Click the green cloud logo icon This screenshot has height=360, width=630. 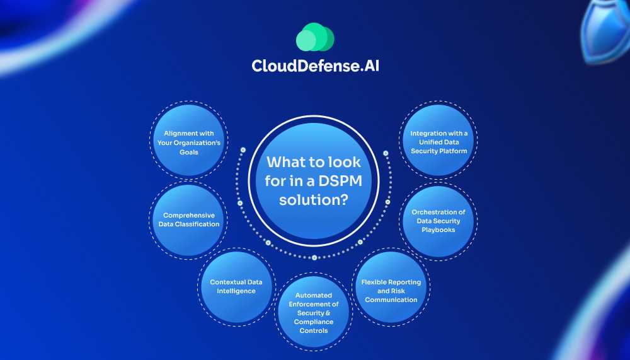314,37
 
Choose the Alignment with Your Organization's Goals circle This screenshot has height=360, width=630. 189,141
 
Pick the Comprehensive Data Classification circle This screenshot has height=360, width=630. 189,220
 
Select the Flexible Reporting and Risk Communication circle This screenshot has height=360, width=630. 391,290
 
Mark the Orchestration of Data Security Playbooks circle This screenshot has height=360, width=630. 438,221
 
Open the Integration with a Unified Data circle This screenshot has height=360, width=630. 438,142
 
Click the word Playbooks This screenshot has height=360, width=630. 438,229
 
